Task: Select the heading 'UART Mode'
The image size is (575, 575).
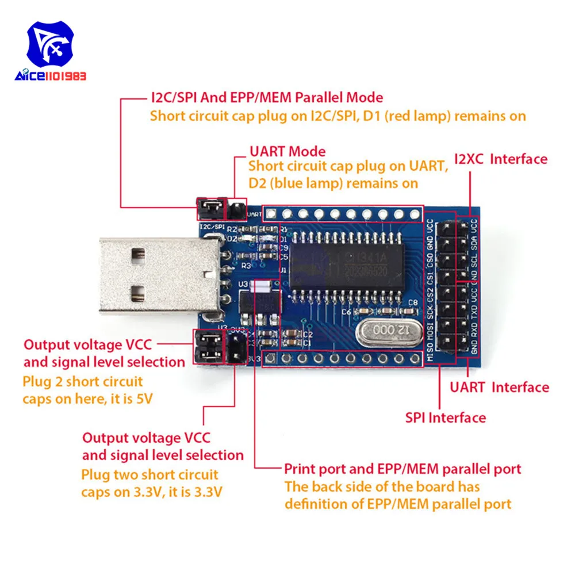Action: (287, 152)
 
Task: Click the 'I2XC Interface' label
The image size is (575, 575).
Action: (501, 159)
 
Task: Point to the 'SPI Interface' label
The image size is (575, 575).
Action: (445, 417)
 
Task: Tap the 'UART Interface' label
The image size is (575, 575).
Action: (499, 387)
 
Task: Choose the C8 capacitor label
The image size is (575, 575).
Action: (412, 302)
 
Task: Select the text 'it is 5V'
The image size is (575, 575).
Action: (130, 398)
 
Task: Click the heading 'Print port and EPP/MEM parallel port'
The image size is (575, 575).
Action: (402, 468)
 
